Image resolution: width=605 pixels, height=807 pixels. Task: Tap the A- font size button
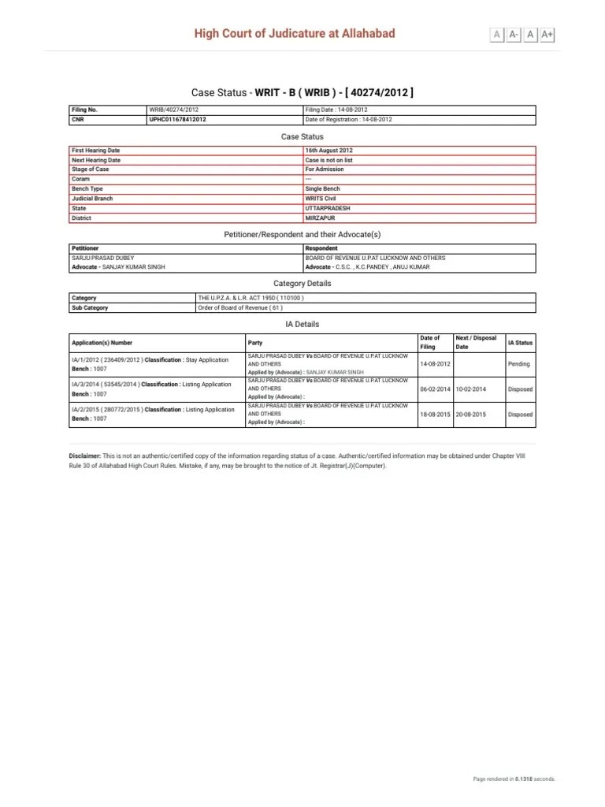tap(514, 34)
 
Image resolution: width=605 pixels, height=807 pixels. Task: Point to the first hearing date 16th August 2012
tap(329, 150)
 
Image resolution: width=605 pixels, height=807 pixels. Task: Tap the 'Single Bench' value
tap(323, 189)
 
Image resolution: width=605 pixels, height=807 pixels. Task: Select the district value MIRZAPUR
tap(320, 218)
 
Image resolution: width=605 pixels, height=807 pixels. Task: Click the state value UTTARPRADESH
tap(328, 208)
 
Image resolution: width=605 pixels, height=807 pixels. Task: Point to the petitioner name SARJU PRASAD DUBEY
tap(102, 258)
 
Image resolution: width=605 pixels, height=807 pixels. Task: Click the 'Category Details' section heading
tap(302, 283)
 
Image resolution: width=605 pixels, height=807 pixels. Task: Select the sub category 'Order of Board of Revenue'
tap(238, 307)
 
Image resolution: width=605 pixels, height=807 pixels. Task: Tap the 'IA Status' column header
tap(520, 343)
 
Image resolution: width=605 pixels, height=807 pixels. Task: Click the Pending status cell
tap(519, 364)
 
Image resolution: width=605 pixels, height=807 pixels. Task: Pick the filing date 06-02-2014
tap(435, 389)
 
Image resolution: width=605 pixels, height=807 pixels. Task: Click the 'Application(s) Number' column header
tap(102, 343)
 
